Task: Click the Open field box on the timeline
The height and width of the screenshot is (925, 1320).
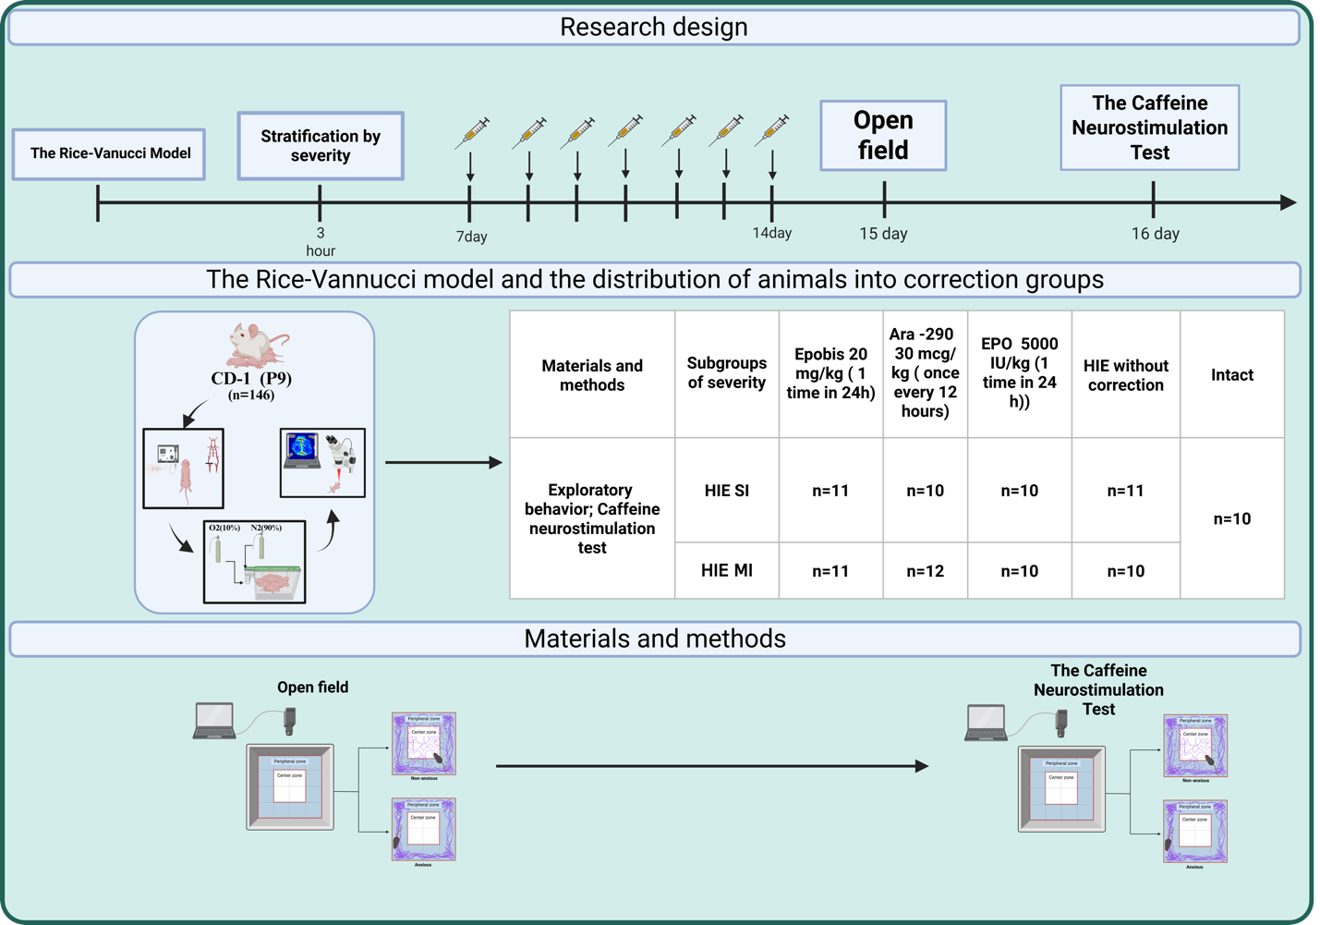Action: [x=883, y=135]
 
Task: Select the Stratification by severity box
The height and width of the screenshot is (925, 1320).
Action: [x=320, y=146]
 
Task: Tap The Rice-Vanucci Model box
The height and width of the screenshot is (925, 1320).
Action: [x=109, y=153]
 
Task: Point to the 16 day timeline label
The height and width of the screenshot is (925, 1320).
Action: [x=1155, y=234]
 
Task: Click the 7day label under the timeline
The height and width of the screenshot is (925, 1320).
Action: [x=471, y=237]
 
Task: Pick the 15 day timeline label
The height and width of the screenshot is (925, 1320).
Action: [x=883, y=234]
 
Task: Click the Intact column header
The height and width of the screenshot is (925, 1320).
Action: [x=1231, y=374]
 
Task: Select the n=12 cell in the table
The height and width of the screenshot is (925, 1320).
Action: [x=925, y=571]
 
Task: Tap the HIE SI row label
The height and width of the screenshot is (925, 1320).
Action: [x=726, y=491]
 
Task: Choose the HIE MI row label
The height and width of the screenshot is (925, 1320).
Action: [x=726, y=571]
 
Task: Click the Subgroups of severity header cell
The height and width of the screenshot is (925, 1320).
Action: [x=726, y=373]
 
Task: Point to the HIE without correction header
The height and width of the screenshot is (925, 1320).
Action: [x=1125, y=375]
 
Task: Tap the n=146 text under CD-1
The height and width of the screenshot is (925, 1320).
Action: [x=251, y=396]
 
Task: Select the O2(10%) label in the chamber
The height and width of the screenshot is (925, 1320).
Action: [x=224, y=528]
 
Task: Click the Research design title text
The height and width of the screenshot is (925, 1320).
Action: [x=654, y=27]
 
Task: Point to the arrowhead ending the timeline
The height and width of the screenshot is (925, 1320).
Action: [x=1289, y=202]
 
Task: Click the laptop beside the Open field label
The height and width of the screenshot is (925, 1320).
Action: [x=214, y=721]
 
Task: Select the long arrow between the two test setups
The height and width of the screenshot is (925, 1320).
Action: [x=711, y=766]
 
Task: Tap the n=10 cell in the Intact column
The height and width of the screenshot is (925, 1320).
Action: [x=1231, y=518]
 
